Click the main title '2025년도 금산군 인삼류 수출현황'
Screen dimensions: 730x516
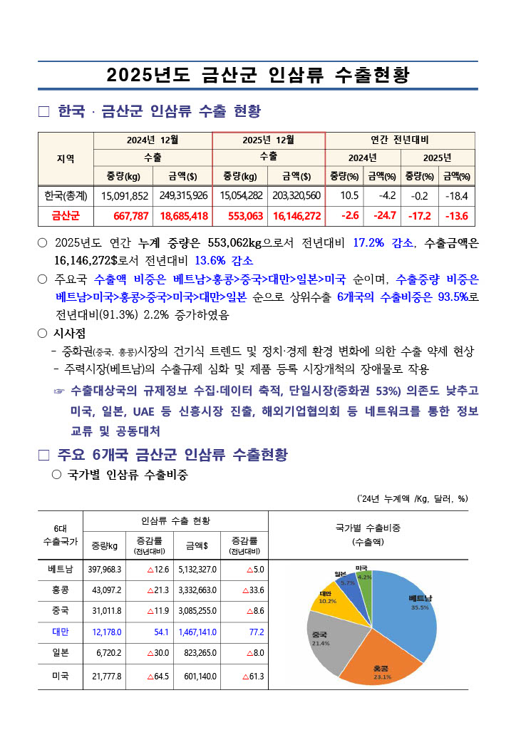[x=257, y=75]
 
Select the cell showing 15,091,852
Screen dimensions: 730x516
[x=125, y=195]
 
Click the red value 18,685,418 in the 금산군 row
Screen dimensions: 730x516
[x=184, y=215]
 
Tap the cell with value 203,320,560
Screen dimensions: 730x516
[x=296, y=195]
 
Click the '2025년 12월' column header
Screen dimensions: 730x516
[x=269, y=140]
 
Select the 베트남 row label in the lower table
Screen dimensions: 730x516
[x=61, y=569]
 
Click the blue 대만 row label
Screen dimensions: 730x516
[x=61, y=632]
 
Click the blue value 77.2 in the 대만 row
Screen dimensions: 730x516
[x=255, y=632]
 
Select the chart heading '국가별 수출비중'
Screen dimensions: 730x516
[x=368, y=528]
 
